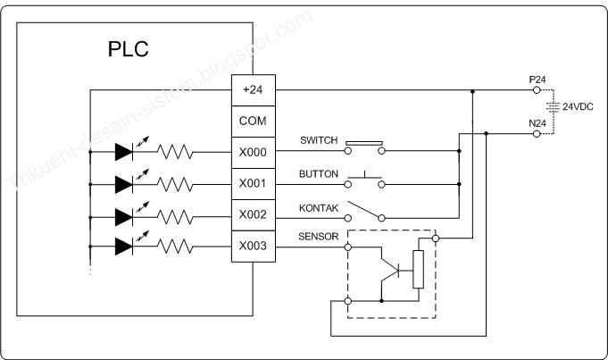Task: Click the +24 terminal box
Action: tap(254, 90)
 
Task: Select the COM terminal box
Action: tap(254, 121)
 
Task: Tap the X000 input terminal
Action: tap(254, 152)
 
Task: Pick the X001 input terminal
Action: tap(254, 184)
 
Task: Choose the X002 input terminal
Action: tap(254, 215)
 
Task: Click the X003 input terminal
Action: tap(254, 246)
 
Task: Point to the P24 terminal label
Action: tap(537, 80)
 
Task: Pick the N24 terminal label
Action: tap(537, 123)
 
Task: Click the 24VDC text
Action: tap(579, 105)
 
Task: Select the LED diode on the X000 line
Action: tap(124, 153)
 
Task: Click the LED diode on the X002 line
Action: tap(124, 215)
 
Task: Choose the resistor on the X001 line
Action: tap(176, 184)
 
